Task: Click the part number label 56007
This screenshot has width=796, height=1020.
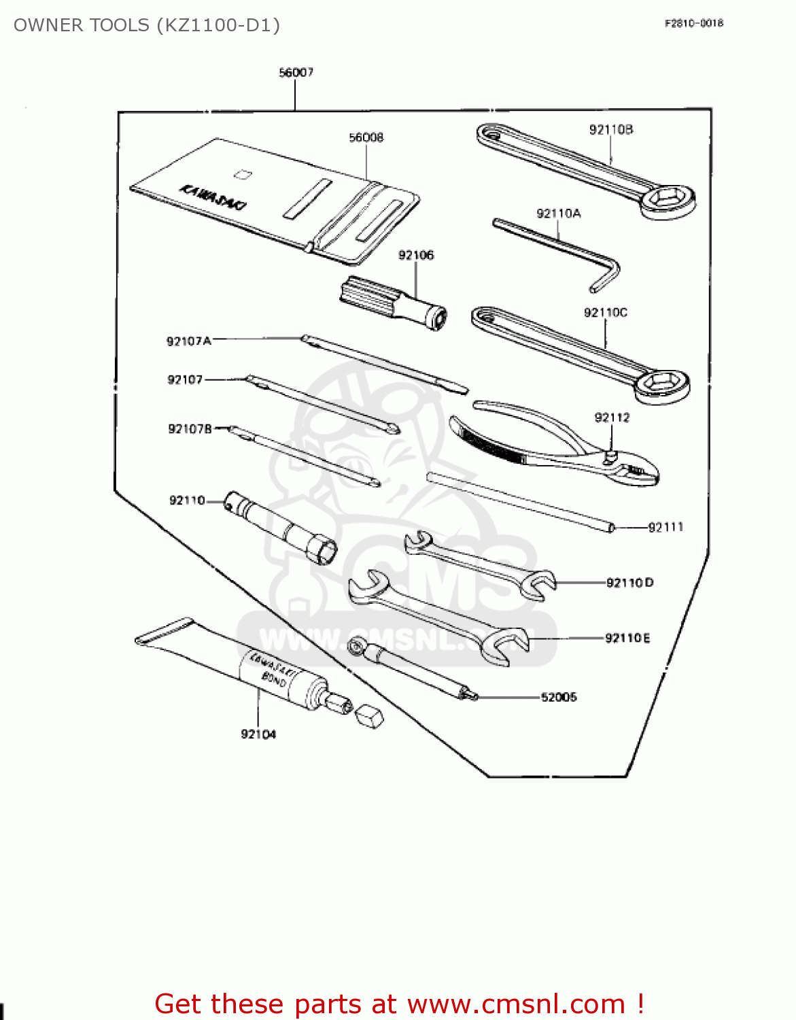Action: pos(296,72)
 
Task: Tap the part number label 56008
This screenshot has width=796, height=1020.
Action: pos(366,137)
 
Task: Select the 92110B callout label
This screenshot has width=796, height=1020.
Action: pos(610,129)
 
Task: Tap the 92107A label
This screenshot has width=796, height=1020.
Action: pos(188,341)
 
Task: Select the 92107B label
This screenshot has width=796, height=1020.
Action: pos(190,428)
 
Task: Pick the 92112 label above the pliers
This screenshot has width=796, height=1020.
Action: pos(612,418)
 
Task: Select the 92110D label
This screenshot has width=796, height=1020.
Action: pos(629,583)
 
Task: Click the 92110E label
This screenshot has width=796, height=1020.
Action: pos(627,638)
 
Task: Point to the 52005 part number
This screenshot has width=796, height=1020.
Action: pos(558,697)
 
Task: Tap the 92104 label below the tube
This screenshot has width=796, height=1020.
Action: pos(258,734)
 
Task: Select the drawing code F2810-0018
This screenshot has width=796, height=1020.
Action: pos(693,23)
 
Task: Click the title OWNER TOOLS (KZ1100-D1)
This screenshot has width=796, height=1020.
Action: pos(147,25)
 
